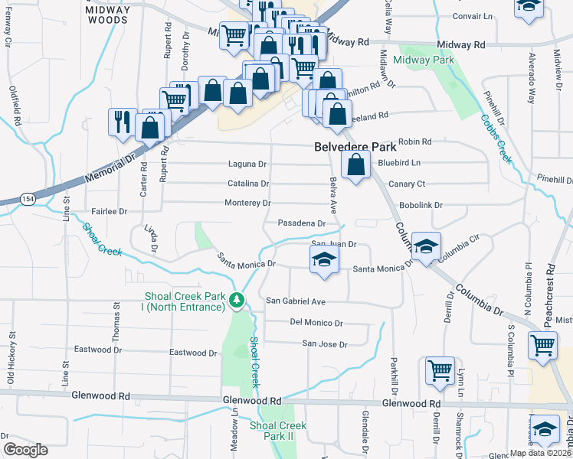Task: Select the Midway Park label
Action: (x=423, y=60)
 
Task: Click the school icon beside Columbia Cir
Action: (x=425, y=246)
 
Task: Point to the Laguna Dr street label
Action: (x=247, y=164)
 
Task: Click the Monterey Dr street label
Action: (x=247, y=203)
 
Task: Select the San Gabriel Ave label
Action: (x=296, y=301)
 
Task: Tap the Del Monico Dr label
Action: (x=316, y=323)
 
